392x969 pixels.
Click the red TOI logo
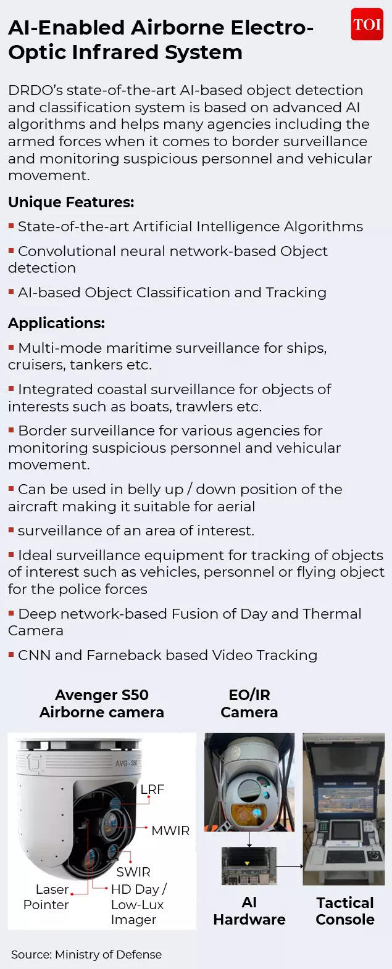pos(367,25)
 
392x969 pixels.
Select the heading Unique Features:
pos(71,202)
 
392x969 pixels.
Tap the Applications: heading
pos(56,323)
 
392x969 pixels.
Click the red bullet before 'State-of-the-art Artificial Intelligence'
pos(11,226)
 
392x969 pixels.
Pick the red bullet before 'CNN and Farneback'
pos(11,654)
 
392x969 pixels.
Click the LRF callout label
pos(152,790)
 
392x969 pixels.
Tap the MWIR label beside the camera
pos(170,831)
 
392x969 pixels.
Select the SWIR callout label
pos(133,872)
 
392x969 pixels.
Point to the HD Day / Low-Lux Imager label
pos(137,904)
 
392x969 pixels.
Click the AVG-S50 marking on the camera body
pos(126,763)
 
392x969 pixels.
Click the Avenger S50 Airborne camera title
pos(102,704)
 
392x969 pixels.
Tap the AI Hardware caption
pos(249,911)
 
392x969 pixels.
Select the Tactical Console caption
pos(344,911)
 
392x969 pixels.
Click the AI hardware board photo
pos(249,866)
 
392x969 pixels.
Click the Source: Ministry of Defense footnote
pos(86,954)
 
